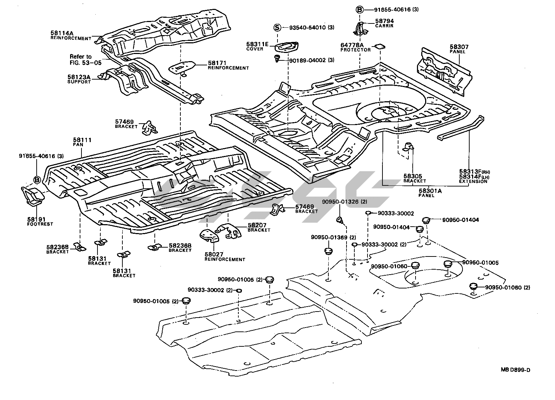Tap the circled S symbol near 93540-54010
[277, 27]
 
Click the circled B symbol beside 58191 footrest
[37, 180]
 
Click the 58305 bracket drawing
[409, 147]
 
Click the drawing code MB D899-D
[516, 370]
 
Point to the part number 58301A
[430, 191]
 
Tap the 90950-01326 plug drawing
[340, 220]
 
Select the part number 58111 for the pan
[82, 140]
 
